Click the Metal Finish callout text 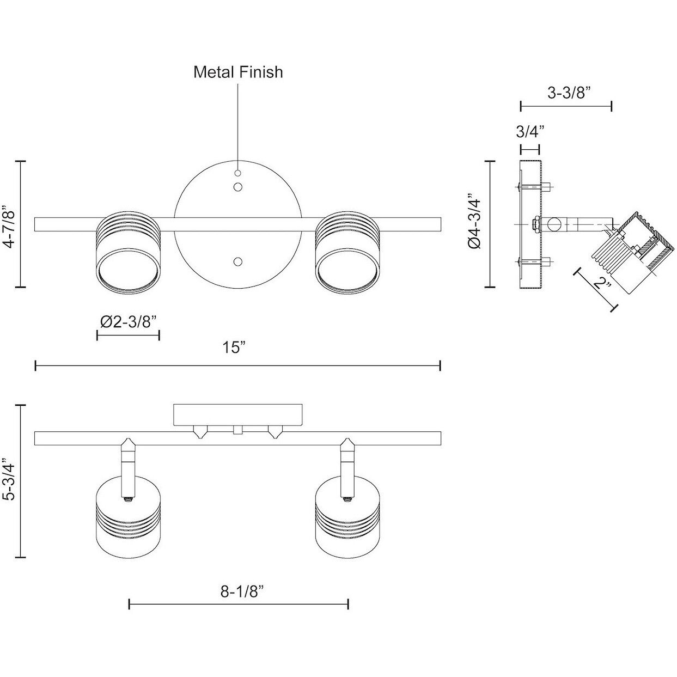[x=238, y=72]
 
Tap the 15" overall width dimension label [x=235, y=347]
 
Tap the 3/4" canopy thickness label [x=529, y=131]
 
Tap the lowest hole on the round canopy [x=237, y=262]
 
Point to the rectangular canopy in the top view [x=238, y=414]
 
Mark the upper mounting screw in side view [x=534, y=187]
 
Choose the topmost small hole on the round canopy [x=237, y=173]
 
